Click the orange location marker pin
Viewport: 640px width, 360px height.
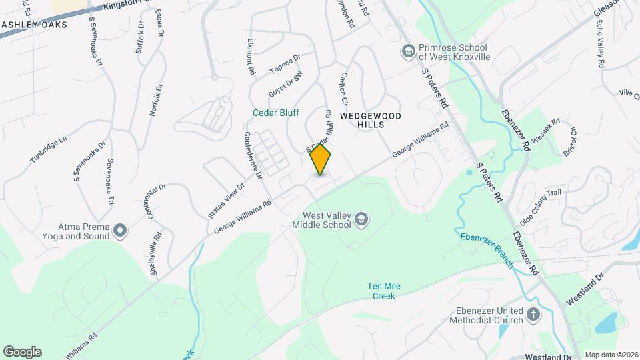click(321, 159)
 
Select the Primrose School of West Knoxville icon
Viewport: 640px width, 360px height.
click(407, 51)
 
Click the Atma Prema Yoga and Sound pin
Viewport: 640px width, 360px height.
click(120, 231)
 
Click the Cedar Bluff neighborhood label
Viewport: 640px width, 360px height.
click(276, 113)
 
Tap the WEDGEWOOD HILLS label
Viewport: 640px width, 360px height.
click(371, 120)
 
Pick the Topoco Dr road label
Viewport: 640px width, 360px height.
click(285, 64)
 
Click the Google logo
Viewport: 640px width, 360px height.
click(22, 351)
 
